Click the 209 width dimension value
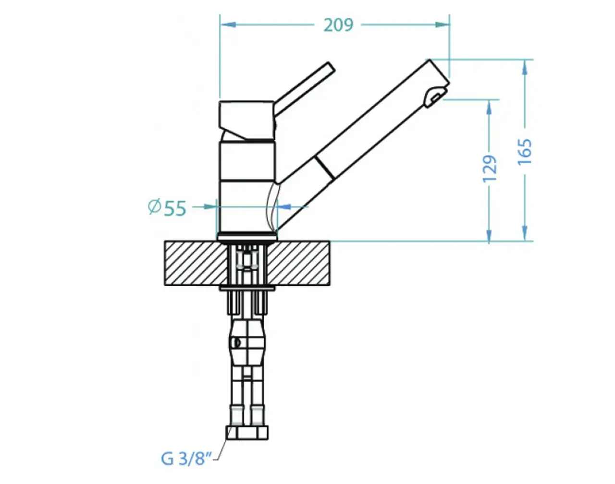point(338,25)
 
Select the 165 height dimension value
point(525,151)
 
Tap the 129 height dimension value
point(489,169)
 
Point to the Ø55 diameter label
point(168,208)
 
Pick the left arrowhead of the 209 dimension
point(228,25)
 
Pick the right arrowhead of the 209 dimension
point(442,25)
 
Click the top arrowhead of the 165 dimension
point(525,67)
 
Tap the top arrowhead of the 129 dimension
point(489,108)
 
